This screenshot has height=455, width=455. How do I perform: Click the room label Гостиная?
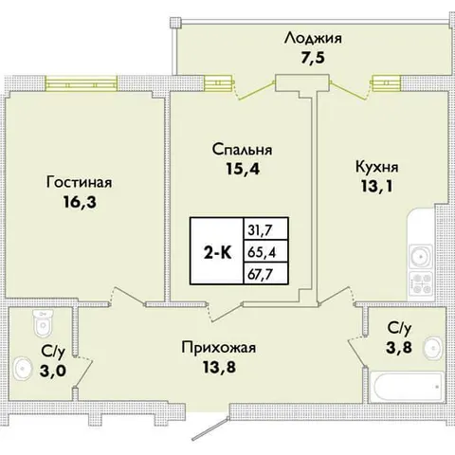pos(79,183)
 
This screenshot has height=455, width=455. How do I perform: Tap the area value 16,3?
pos(80,202)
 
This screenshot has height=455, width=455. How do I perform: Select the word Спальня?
pos(242,150)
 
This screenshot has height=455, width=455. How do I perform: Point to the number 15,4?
pos(243,169)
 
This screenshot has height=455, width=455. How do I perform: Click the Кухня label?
pos(377,168)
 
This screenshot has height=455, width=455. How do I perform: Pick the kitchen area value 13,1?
pos(377,187)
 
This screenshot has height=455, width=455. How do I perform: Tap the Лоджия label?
pos(313,39)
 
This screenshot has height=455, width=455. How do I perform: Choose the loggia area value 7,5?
pos(313,58)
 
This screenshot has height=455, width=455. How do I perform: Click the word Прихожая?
pos(219,348)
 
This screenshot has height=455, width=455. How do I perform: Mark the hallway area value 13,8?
pos(219,367)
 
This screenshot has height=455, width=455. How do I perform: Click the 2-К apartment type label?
pos(217,253)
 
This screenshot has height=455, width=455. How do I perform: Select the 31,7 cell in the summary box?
pos(260,230)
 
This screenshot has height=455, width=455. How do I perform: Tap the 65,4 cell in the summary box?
pos(262,252)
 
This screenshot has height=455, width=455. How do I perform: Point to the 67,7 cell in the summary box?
pos(260,274)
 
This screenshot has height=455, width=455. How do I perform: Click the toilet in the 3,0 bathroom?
pos(43,323)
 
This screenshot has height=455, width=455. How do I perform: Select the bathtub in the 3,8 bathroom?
pos(407,387)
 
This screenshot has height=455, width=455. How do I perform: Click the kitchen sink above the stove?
pos(420,257)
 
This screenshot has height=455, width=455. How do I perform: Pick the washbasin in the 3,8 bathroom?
pos(433,348)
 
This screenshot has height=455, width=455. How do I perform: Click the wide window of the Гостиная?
pos(82,82)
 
